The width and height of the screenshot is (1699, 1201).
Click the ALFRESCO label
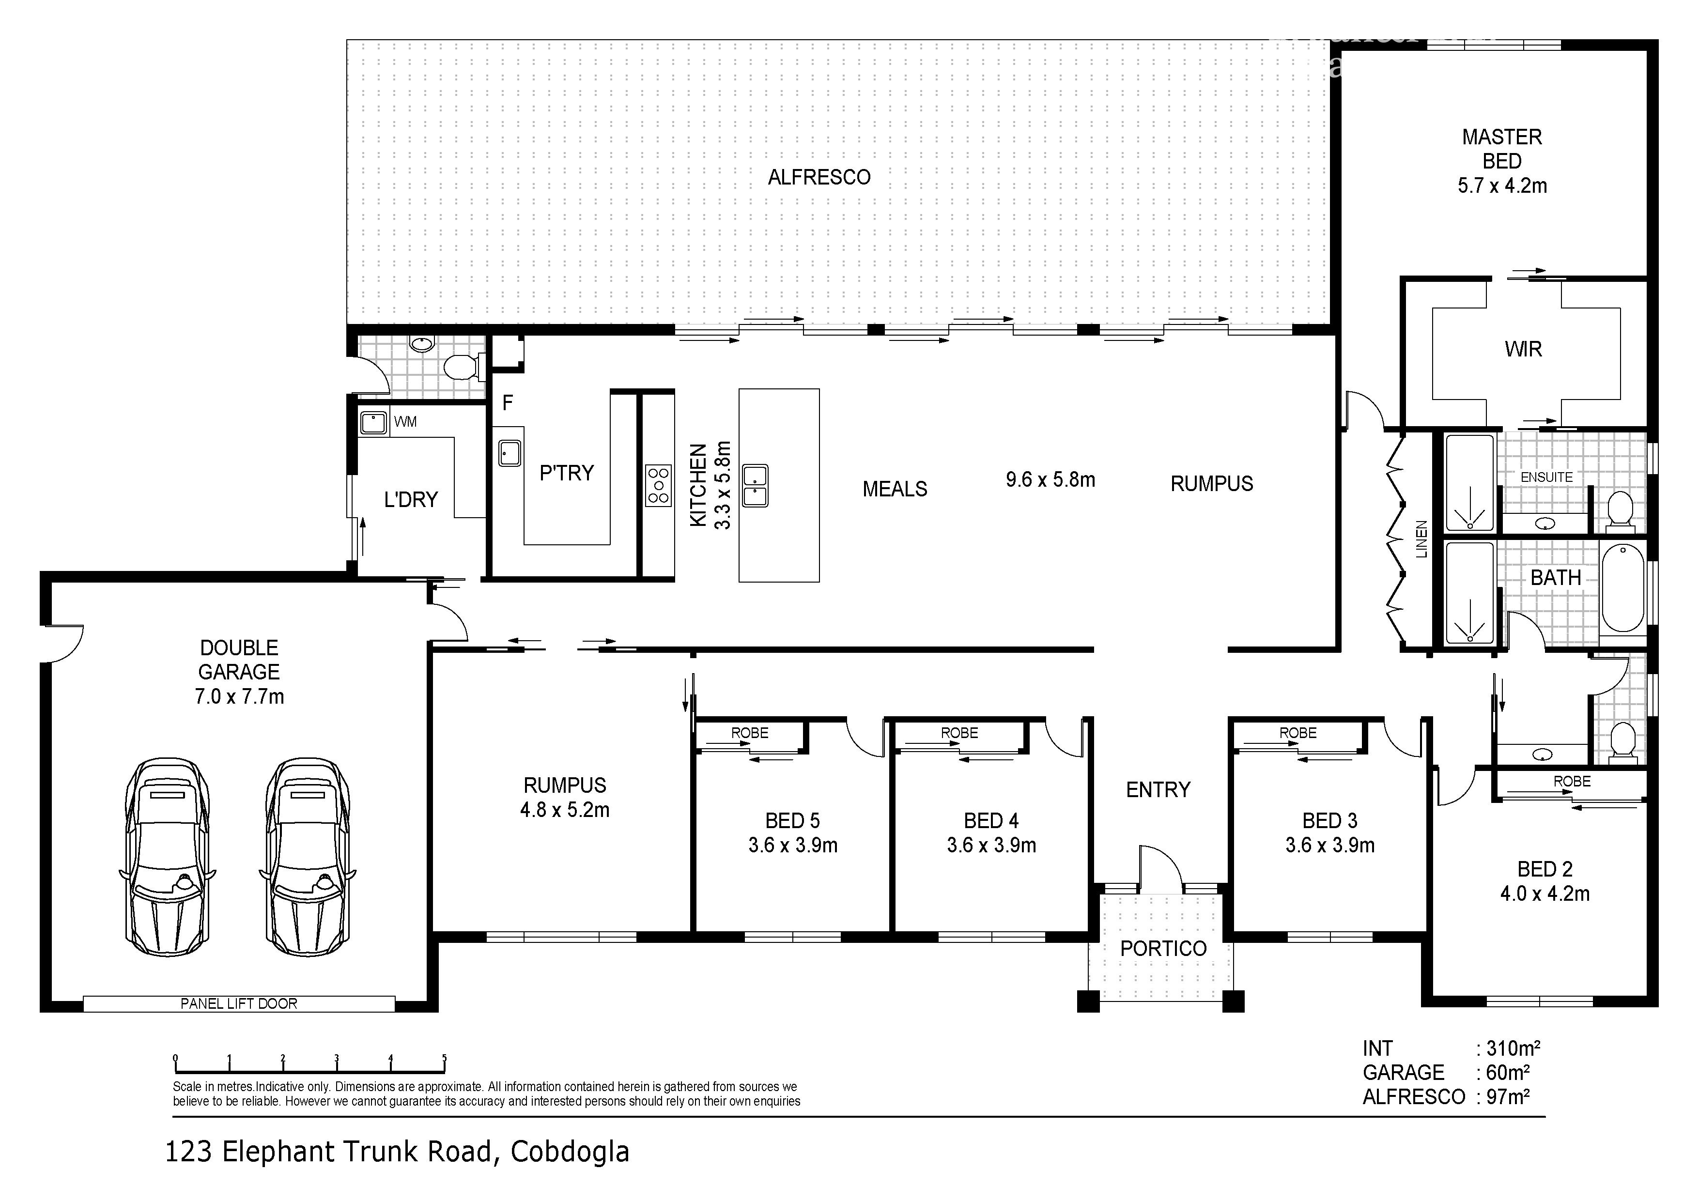coord(819,178)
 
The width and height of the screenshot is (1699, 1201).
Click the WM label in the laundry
coord(405,422)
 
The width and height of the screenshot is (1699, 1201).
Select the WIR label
coord(1523,349)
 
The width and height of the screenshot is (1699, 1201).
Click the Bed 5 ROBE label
coord(750,733)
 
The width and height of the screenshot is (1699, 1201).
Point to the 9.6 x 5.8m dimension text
coord(1050,480)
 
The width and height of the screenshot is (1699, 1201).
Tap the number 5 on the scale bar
coord(444,1058)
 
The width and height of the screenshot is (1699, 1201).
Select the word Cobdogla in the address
coord(570,1152)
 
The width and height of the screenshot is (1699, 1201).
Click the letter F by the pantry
coord(508,403)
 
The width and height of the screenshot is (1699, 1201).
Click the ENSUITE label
coord(1546,477)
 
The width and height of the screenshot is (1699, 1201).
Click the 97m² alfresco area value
coord(1507,1097)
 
